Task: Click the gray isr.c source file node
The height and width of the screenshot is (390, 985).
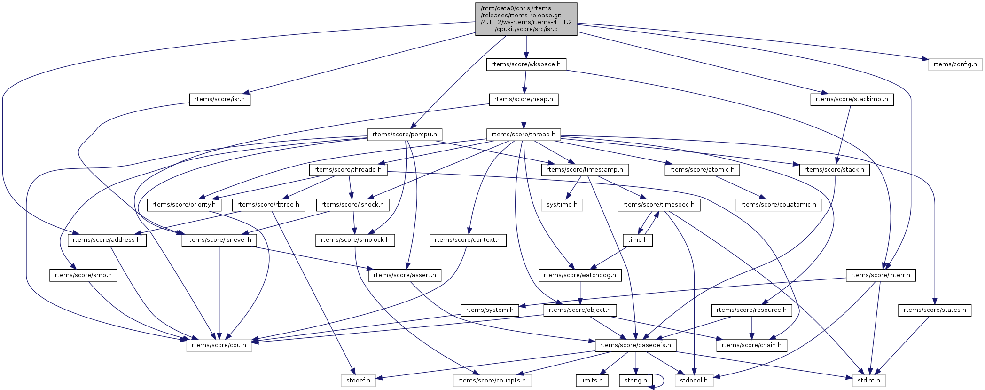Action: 526,19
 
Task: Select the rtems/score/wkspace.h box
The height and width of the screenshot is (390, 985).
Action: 526,64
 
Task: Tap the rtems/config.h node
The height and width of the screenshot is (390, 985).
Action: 955,64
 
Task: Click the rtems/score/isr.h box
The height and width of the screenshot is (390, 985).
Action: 219,99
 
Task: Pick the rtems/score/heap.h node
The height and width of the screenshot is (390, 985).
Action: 524,99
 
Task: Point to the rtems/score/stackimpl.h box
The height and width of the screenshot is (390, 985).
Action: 852,99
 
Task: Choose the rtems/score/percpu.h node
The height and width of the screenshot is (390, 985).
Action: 405,135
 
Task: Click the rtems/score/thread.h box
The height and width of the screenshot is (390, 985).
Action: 524,135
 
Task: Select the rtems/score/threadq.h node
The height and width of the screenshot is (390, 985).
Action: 348,170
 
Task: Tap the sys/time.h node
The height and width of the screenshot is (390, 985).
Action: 562,205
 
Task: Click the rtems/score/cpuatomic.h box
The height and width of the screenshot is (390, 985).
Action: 778,205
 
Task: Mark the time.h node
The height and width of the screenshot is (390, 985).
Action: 637,240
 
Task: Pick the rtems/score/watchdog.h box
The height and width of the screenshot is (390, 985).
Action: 579,275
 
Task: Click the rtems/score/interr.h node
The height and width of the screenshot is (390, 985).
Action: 880,275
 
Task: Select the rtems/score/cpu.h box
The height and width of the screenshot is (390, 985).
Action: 219,345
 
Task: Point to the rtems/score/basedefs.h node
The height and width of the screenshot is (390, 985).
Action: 635,345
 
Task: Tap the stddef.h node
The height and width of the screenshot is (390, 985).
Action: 358,381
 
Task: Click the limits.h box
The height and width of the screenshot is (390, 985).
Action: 592,381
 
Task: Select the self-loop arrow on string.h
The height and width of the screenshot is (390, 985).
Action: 662,381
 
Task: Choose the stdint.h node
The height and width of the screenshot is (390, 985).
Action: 868,381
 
